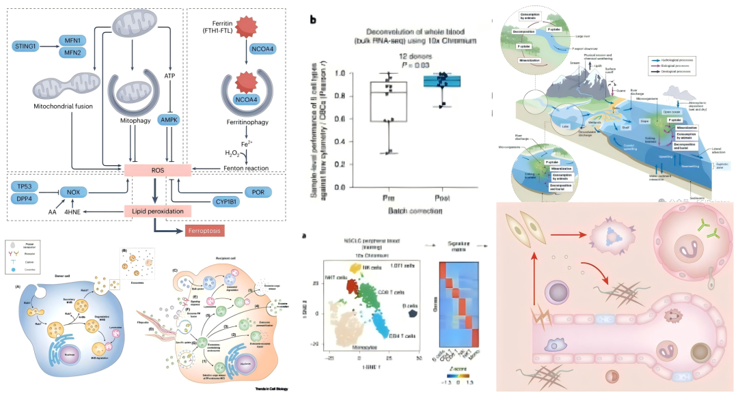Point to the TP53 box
26,186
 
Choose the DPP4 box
26,198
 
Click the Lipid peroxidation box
158,212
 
